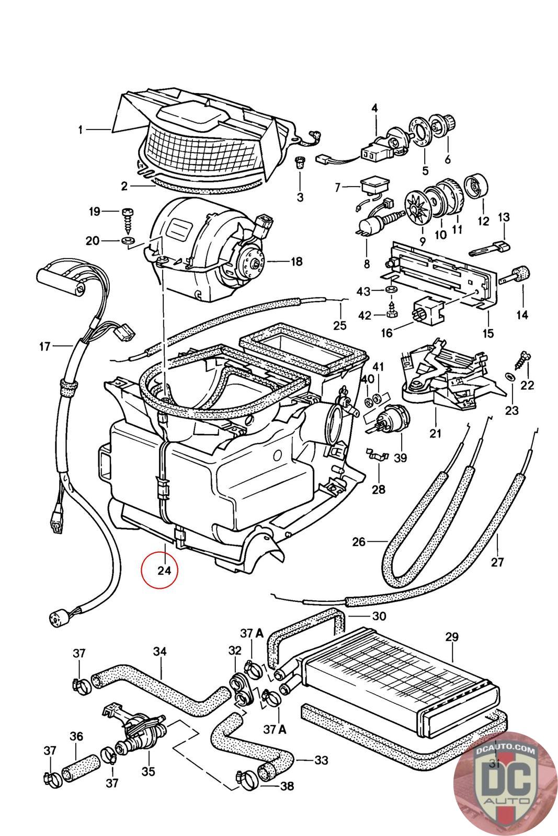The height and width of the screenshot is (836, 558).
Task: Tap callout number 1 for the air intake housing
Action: pos(81,130)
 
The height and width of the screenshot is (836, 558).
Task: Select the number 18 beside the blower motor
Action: pos(297,261)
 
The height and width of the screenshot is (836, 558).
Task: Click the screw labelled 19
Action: pos(128,214)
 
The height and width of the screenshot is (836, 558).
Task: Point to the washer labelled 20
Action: pos(127,241)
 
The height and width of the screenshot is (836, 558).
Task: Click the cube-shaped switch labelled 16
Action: pos(428,310)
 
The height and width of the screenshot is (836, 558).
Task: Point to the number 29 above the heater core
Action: pos(452,637)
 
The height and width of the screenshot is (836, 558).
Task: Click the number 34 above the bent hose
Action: pos(160,652)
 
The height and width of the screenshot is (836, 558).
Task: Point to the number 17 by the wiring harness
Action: pos(44,346)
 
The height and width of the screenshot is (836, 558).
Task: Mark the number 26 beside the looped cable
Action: pos(359,542)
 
